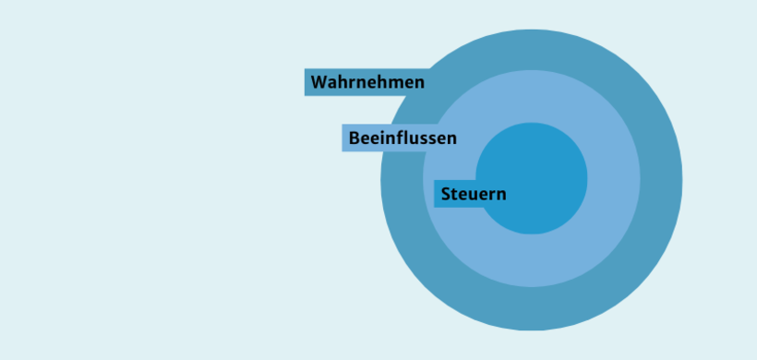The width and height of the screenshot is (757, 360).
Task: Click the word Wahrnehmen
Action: click(x=367, y=82)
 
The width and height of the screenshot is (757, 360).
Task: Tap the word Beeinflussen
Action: click(x=403, y=138)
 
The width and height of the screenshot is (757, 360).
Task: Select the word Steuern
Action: click(x=474, y=195)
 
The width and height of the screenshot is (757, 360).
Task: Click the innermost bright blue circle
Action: click(x=545, y=166)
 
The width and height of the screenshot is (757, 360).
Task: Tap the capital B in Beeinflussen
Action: click(x=354, y=138)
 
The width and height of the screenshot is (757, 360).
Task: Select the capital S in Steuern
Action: click(x=446, y=195)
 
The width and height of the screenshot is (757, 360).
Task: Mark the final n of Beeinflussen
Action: click(x=451, y=139)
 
